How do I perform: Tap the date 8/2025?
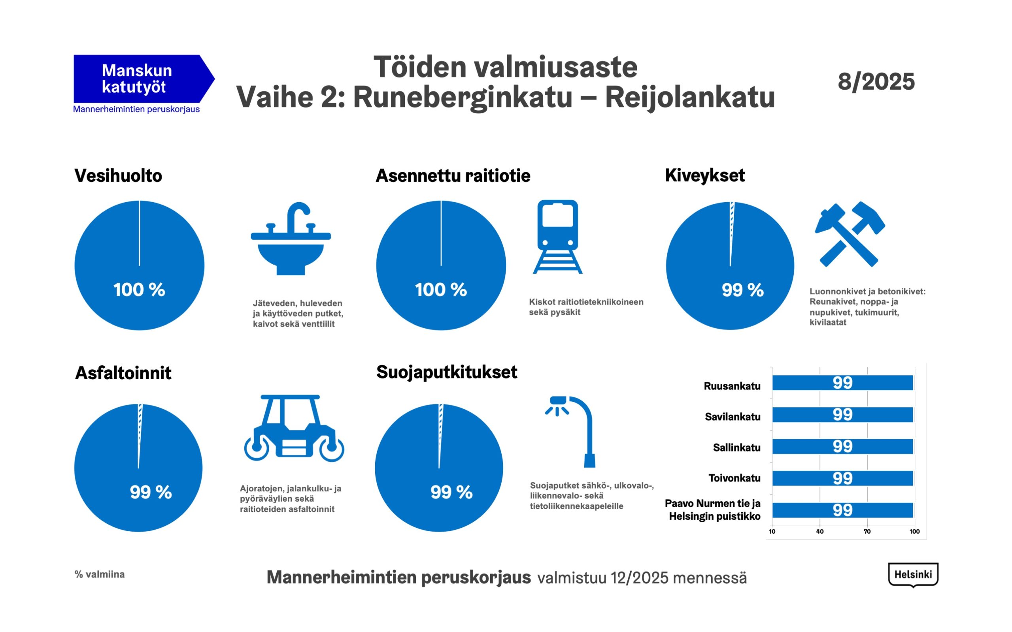[876, 81]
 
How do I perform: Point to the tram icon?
[557, 237]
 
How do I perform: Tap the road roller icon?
[294, 428]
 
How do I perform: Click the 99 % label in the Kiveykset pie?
[742, 290]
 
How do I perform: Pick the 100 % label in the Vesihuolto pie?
[139, 290]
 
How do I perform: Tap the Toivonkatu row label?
[734, 478]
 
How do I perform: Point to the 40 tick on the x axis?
[819, 532]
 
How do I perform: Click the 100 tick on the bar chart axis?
[915, 532]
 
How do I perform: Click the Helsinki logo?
[913, 575]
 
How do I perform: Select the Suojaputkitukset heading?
[447, 372]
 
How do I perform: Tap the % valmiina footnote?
[100, 574]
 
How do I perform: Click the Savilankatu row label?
[732, 416]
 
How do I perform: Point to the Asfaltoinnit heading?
[123, 373]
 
